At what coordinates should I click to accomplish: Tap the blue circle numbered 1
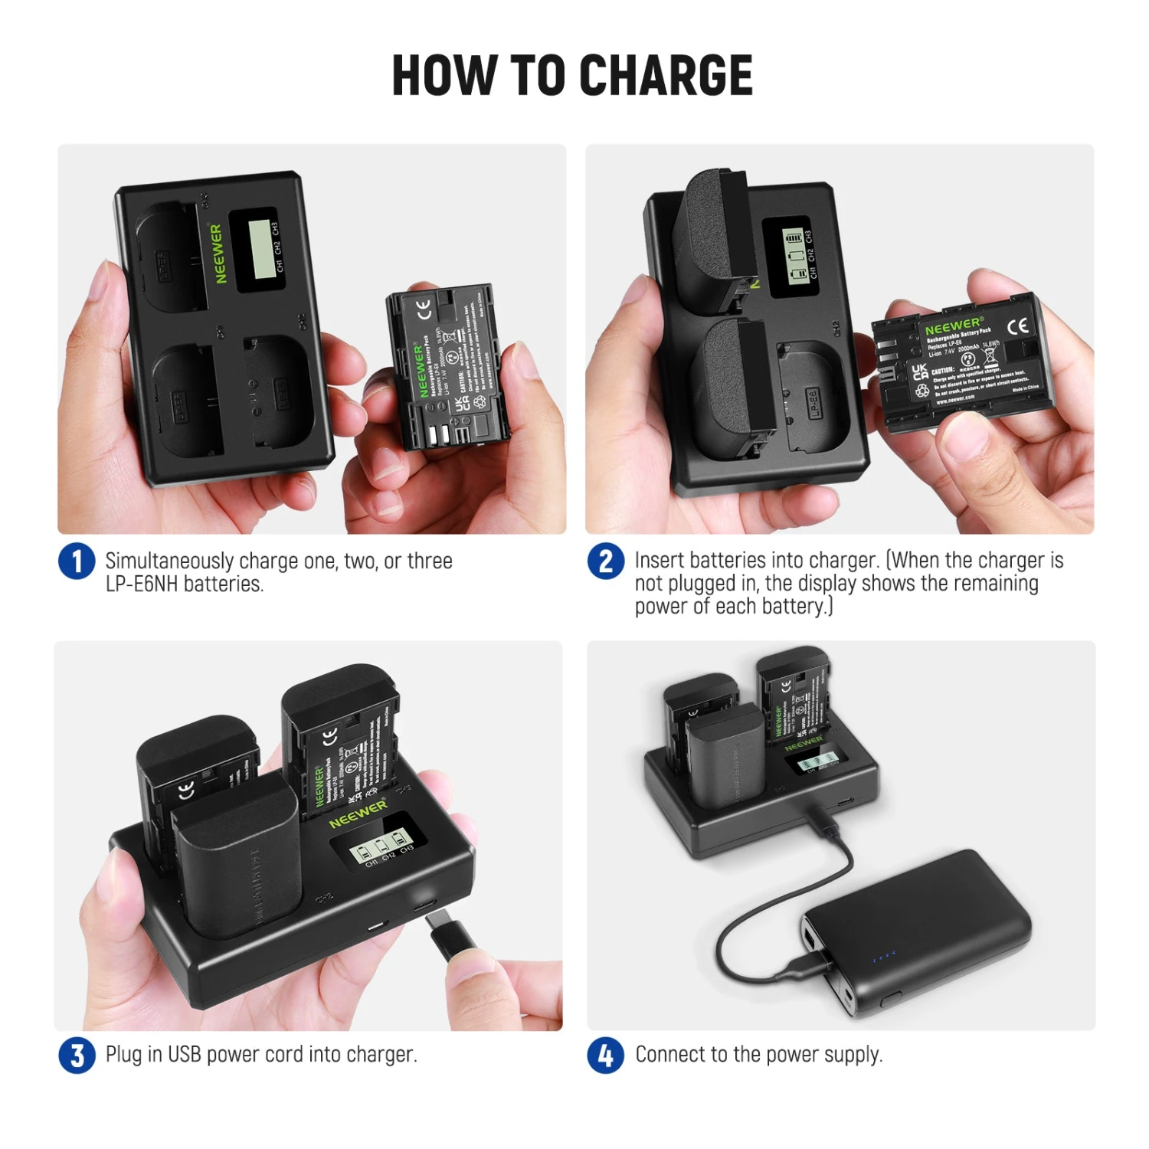[x=77, y=561]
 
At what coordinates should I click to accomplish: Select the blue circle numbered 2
[x=605, y=561]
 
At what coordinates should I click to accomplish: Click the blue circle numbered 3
[x=77, y=1055]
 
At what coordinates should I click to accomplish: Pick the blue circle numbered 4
[x=605, y=1055]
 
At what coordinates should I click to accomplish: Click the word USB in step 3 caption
[x=184, y=1055]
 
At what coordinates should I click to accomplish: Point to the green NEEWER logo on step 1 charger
[x=218, y=254]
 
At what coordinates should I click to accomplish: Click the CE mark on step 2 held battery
[x=1017, y=327]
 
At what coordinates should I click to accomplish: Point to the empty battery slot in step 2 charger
[x=812, y=398]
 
